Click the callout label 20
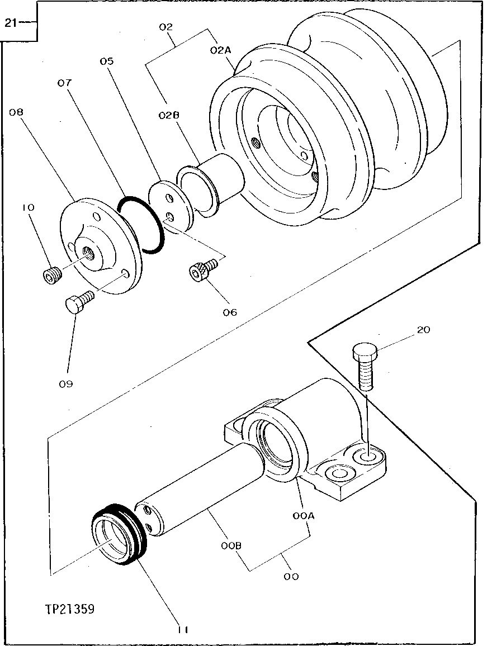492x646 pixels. coord(423,330)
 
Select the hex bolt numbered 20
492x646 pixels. coord(365,368)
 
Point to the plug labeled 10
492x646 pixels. coord(51,275)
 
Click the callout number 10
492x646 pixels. coord(28,207)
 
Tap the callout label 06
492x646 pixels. coord(230,312)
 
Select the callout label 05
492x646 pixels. coord(107,61)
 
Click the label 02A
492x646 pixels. coord(221,50)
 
